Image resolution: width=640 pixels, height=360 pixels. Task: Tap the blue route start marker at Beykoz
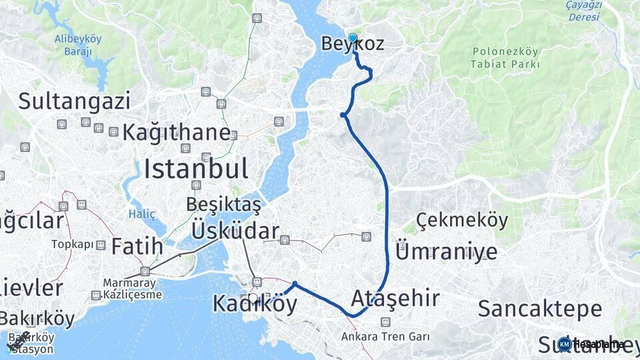(x=353, y=38)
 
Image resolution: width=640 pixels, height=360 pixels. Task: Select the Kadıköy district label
(x=255, y=303)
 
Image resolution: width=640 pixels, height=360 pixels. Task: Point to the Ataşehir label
(x=395, y=297)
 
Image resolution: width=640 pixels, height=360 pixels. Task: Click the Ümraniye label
(x=446, y=252)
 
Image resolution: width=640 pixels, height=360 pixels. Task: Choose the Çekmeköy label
(x=461, y=219)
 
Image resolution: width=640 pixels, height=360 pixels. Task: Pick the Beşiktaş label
(x=224, y=203)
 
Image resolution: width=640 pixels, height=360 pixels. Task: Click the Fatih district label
(x=137, y=246)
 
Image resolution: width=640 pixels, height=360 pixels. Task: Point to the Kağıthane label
(x=176, y=132)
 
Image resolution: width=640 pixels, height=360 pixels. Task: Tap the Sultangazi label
(x=74, y=101)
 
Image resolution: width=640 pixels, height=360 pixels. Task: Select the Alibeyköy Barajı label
(x=78, y=45)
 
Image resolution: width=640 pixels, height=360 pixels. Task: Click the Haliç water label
(x=141, y=214)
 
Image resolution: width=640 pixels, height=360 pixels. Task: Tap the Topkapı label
(x=73, y=244)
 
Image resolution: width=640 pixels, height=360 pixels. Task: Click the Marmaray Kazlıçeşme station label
(x=133, y=288)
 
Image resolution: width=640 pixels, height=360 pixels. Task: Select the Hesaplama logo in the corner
(x=592, y=344)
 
